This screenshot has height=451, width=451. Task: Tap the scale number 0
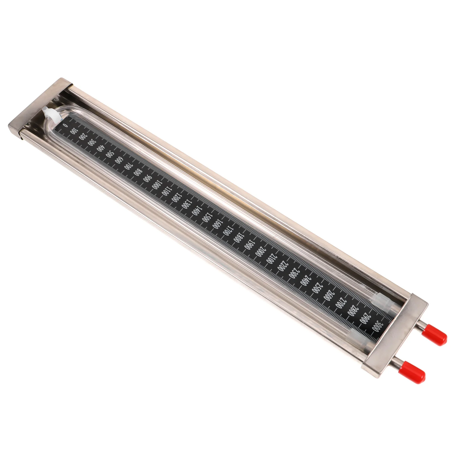[x=65, y=124]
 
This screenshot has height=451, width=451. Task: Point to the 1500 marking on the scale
[x=207, y=216]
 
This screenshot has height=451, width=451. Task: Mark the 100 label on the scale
[x=74, y=131]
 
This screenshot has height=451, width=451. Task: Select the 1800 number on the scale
[x=238, y=237]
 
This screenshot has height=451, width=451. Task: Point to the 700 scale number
[x=128, y=166]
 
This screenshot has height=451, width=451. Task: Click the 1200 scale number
[x=175, y=197]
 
